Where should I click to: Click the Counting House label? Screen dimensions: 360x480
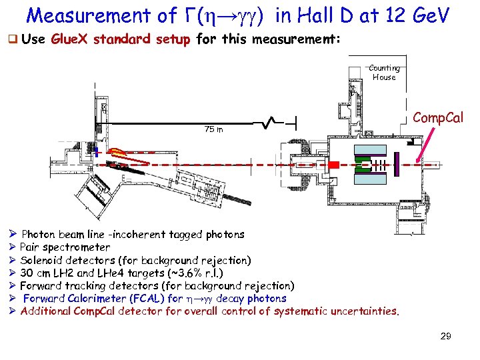pyautogui.click(x=384, y=73)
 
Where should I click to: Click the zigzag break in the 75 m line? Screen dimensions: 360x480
pyautogui.click(x=270, y=123)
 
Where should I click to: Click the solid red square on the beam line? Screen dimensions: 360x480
pyautogui.click(x=336, y=164)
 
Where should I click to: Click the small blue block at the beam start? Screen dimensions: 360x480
pyautogui.click(x=97, y=153)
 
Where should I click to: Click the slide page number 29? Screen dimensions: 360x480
pyautogui.click(x=445, y=336)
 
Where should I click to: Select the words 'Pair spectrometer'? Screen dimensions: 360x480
pyautogui.click(x=65, y=247)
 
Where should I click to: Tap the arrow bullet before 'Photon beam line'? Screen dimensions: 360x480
pyautogui.click(x=13, y=235)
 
